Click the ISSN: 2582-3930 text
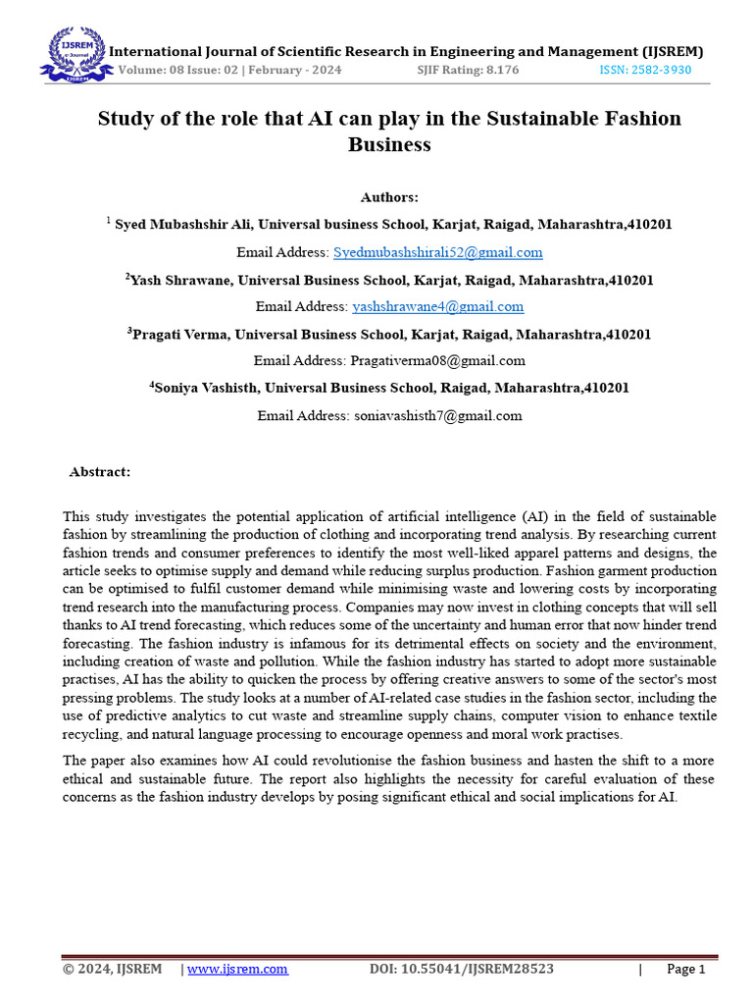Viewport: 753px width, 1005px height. (644, 71)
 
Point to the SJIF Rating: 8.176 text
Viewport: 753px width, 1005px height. (468, 71)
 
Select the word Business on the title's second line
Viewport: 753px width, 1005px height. (389, 144)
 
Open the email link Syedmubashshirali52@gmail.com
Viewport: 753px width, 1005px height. (437, 252)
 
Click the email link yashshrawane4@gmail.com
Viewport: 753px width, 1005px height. (437, 306)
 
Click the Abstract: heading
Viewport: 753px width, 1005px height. (99, 472)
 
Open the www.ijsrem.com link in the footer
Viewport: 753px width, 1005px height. (237, 969)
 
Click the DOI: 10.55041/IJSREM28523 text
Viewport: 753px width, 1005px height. (461, 969)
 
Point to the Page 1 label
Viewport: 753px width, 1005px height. (685, 969)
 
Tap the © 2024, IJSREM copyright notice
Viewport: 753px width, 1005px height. (112, 969)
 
